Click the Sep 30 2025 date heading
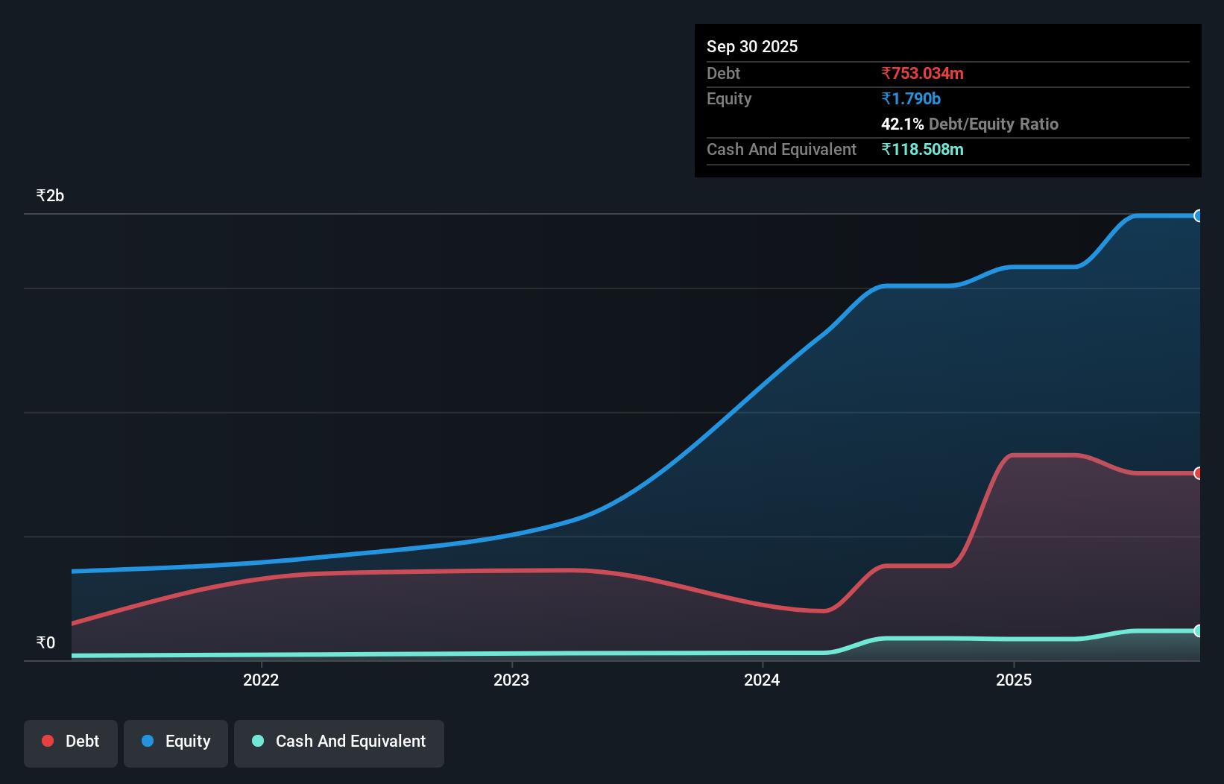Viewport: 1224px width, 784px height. [751, 46]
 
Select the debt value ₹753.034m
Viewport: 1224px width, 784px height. [922, 73]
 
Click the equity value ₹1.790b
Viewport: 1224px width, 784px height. [910, 98]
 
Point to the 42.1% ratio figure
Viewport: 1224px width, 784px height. [902, 124]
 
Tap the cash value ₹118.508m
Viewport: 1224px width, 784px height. [922, 149]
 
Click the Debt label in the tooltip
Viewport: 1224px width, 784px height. [723, 73]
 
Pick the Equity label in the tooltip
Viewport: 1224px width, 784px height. [728, 98]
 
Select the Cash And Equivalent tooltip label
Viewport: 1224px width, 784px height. [781, 149]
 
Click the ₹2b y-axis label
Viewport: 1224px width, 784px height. [50, 195]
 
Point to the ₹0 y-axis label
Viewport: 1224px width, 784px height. [45, 642]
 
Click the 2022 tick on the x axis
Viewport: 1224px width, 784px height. [261, 680]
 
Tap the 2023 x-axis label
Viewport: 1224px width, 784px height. [511, 680]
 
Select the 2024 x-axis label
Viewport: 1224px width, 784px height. [762, 680]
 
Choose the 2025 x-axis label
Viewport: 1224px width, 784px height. [1014, 680]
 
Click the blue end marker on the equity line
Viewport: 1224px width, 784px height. [1198, 216]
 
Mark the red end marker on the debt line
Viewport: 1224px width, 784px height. [1198, 473]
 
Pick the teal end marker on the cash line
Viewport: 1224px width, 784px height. [1198, 631]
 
